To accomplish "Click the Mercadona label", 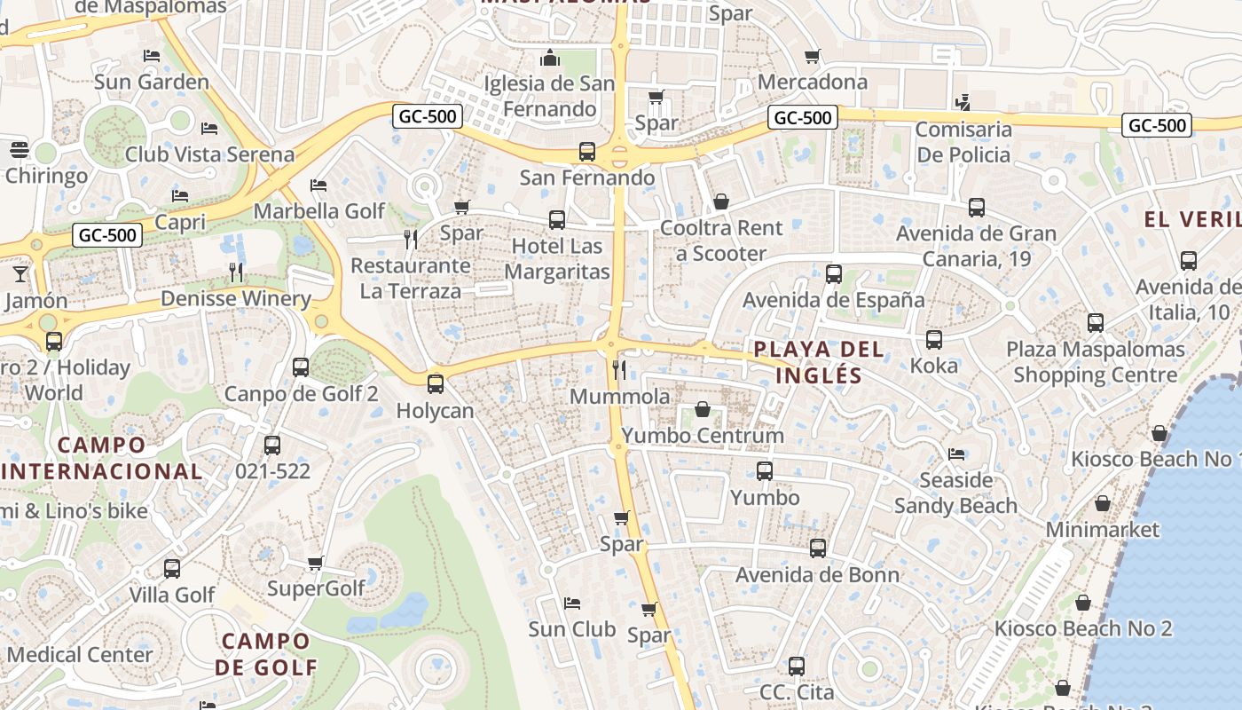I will tap(812, 82).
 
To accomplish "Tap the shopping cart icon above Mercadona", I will tap(812, 57).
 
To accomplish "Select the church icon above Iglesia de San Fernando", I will tap(550, 59).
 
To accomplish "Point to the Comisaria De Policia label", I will tap(963, 142).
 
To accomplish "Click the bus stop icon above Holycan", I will tap(435, 383).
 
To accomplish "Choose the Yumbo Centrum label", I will tap(703, 436).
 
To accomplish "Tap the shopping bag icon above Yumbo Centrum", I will tap(703, 409).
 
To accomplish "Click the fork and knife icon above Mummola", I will tap(619, 369).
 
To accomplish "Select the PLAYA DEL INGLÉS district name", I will tap(819, 362).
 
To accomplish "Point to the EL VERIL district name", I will tap(1191, 220).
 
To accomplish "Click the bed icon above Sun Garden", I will tap(152, 56).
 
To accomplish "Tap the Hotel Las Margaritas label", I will tap(557, 259).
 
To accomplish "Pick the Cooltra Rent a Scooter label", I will tap(721, 241).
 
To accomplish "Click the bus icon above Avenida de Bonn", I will tap(818, 548).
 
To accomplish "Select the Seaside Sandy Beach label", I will tap(955, 493).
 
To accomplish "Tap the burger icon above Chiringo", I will tap(20, 149).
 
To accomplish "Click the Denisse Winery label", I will tap(236, 298).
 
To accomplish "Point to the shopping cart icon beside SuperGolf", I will tap(315, 563).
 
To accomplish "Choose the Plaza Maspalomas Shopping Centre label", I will tap(1096, 362).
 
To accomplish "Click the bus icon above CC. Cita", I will tap(797, 666).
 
